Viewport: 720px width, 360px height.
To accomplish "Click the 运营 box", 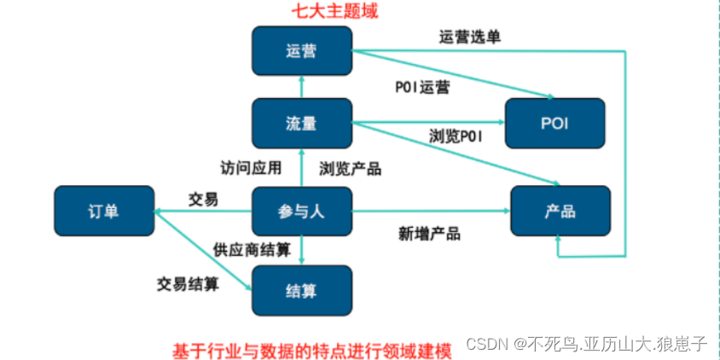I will [x=302, y=50].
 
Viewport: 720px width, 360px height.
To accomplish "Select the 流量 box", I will [x=302, y=123].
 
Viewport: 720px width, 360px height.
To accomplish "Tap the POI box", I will [x=555, y=123].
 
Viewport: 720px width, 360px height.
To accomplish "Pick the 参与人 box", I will [x=302, y=211].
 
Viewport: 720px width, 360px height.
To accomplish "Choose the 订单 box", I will [x=104, y=211].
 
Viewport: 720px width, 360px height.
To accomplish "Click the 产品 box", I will [x=560, y=211].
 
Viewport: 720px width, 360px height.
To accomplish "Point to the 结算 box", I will [x=302, y=290].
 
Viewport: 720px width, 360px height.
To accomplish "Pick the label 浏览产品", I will [x=350, y=168].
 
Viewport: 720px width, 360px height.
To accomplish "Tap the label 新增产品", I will [x=429, y=233].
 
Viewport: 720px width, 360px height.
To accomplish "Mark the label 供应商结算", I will [x=252, y=249].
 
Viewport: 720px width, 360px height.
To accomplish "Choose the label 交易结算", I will [x=188, y=283].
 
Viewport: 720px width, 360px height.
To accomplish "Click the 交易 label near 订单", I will [x=203, y=199].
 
